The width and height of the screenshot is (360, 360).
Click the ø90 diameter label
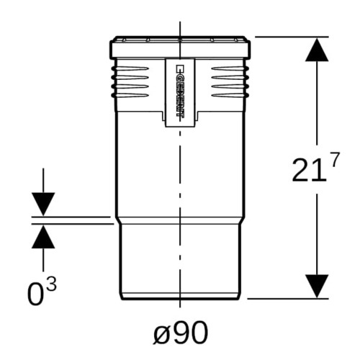pos(181,333)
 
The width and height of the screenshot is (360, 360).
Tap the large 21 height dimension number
pos(310,170)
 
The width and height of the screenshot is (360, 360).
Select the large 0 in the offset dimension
pos(35,294)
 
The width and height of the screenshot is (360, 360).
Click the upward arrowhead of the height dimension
pos(317,50)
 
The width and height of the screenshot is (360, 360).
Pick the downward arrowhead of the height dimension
pos(317,287)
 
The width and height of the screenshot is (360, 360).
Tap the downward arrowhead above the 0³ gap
pos(43,204)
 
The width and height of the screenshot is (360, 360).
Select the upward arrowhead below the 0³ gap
pos(43,237)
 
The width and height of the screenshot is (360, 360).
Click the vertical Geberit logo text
pos(180,90)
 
